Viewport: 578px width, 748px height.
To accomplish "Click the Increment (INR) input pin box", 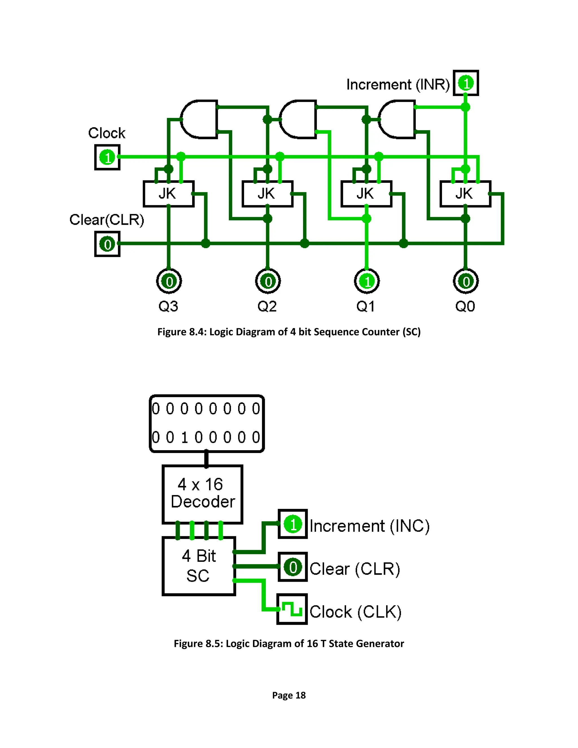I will coord(466,83).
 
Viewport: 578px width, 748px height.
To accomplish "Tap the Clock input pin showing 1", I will coord(107,157).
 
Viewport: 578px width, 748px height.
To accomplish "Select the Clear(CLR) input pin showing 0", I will coord(107,244).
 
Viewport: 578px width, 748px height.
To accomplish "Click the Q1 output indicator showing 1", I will coord(367,281).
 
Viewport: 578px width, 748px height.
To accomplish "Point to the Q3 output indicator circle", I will coord(169,281).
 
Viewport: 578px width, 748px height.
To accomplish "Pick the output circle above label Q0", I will coord(466,281).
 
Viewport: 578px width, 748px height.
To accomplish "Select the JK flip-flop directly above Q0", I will coord(465,194).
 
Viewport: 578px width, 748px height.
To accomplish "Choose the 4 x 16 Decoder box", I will coord(202,494).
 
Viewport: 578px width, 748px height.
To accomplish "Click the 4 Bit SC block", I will coord(199,566).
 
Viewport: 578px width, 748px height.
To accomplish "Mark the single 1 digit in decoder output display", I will coord(185,437).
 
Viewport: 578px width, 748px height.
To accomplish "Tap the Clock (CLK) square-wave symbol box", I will coord(292,609).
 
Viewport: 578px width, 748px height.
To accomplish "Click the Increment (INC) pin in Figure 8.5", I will coord(293,524).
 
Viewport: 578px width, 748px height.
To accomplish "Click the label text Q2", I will coord(267,306).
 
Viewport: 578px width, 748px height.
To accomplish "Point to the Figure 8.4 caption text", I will coord(289,332).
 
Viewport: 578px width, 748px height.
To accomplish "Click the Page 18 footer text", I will coord(289,695).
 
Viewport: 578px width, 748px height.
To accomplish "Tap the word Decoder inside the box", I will coord(203,502).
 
